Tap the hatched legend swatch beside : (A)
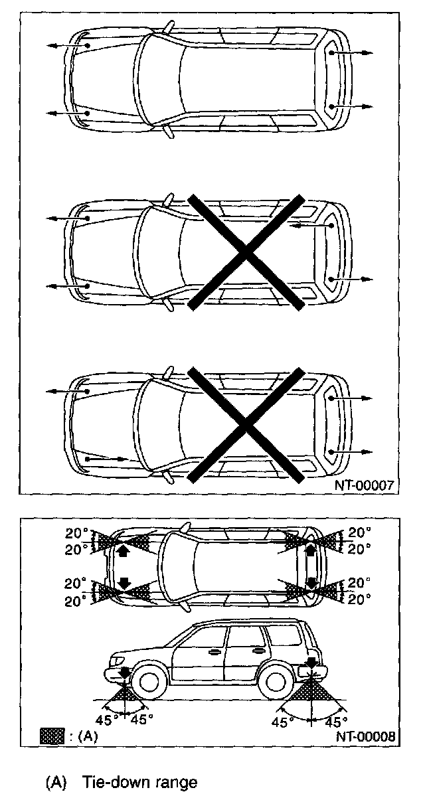[52, 736]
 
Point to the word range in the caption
[175, 783]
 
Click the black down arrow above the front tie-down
[124, 673]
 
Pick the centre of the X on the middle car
[246, 252]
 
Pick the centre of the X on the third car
[246, 424]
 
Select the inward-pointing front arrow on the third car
[106, 458]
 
